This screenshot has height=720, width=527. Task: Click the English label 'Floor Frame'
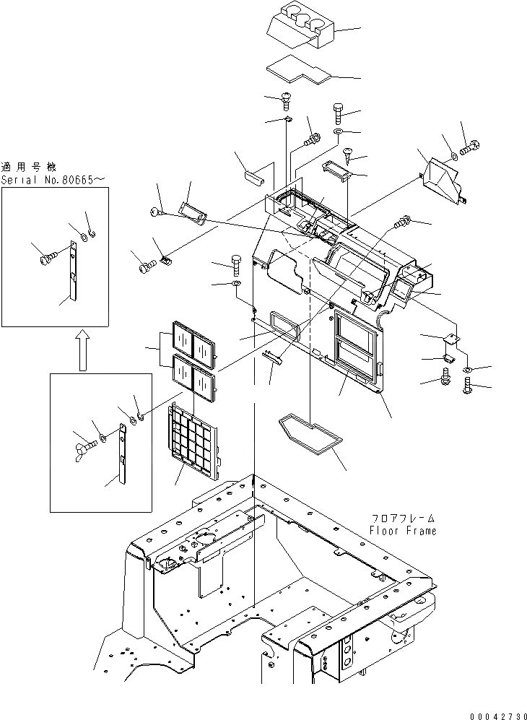403,530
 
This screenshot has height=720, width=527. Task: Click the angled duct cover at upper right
440,179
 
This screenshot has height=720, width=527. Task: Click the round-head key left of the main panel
157,210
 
